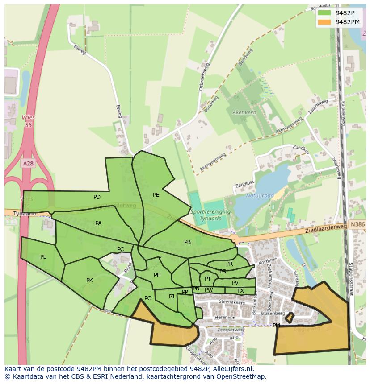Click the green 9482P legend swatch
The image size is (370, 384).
[324, 13]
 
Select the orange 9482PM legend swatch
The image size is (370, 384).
[324, 22]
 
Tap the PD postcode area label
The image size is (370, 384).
[97, 197]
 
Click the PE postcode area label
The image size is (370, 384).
[156, 195]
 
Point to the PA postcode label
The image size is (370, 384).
[98, 223]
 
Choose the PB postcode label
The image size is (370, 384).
[187, 242]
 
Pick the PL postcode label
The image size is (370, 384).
[43, 257]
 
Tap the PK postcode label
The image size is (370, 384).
[89, 281]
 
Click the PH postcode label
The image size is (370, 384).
[157, 275]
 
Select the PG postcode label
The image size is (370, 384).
[148, 298]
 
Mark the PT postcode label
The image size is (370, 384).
[208, 279]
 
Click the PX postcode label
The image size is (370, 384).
[240, 291]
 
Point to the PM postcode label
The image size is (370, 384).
[276, 326]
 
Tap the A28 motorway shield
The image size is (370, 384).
[28, 164]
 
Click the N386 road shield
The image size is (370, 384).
[357, 225]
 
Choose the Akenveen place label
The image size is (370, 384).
[244, 112]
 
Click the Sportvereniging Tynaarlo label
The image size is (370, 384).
[210, 214]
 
